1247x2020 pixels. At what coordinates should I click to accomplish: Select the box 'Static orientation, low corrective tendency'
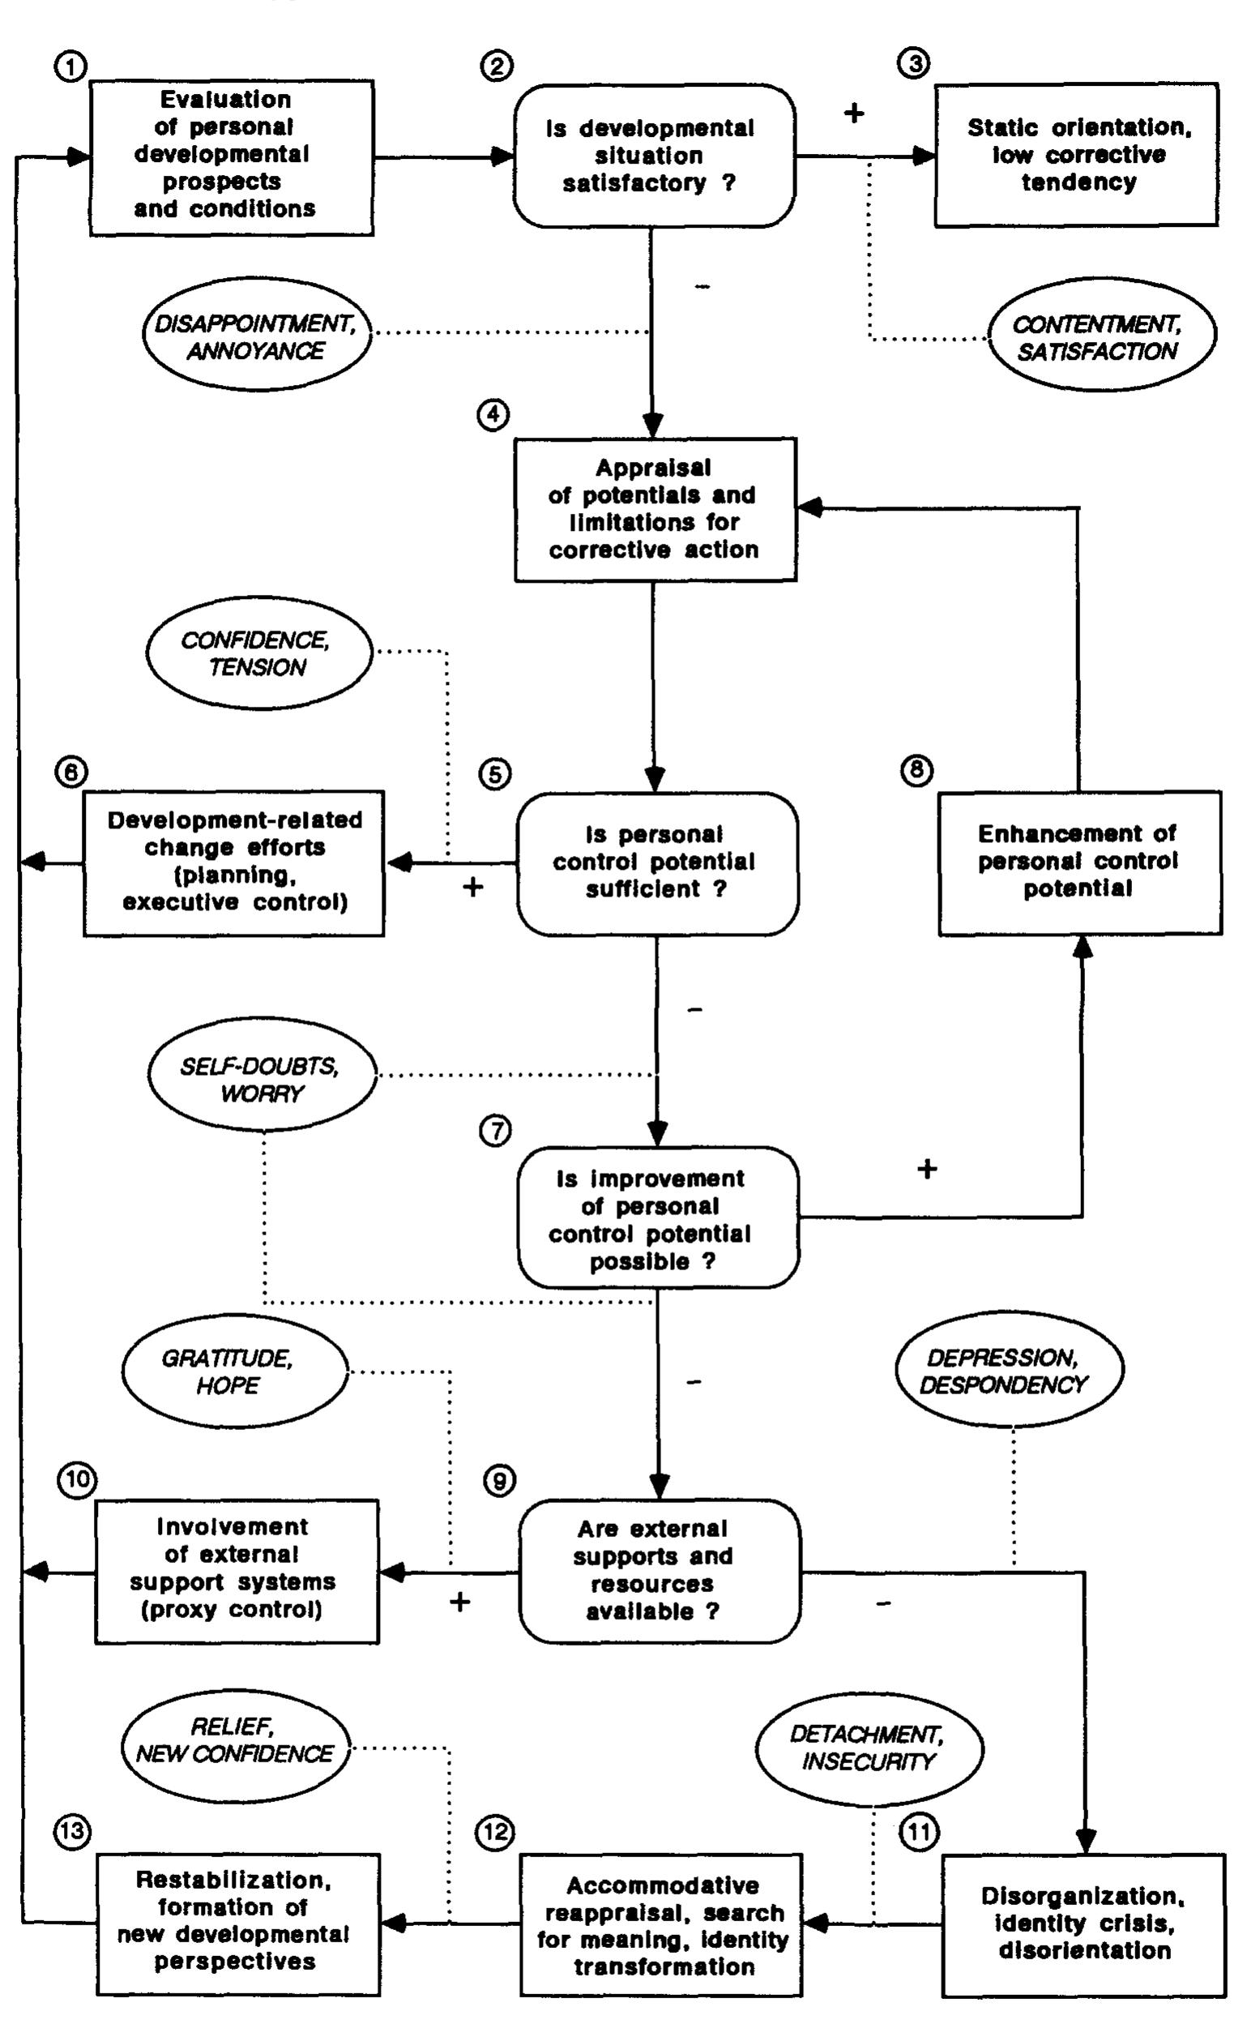[x=1076, y=154]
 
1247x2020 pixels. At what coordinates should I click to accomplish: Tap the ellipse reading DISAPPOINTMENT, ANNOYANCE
[x=255, y=336]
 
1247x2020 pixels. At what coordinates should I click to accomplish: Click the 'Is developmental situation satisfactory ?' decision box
[x=653, y=155]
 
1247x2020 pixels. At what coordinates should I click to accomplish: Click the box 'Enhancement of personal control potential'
[x=1078, y=862]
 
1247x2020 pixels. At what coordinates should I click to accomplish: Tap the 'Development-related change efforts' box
[x=234, y=862]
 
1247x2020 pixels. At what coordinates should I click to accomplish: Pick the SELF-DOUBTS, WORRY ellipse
[x=261, y=1080]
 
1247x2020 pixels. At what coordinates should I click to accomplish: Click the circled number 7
[x=495, y=1132]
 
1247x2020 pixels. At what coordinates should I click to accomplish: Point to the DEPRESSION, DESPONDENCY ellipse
[x=1008, y=1371]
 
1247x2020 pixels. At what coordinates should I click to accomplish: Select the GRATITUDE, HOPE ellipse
[x=234, y=1371]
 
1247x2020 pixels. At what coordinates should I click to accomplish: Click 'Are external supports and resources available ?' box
[x=658, y=1571]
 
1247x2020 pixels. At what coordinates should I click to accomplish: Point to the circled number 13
[x=73, y=1833]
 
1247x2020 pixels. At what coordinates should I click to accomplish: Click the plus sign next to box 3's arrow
[x=854, y=113]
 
